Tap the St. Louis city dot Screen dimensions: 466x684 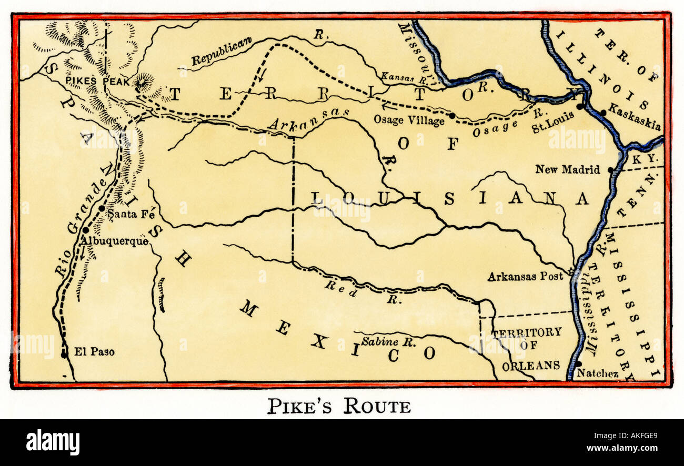(579, 106)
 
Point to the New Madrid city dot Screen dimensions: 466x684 (610, 170)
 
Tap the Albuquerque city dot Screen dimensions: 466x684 (85, 230)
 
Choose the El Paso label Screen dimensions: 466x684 (95, 352)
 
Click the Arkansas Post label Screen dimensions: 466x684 (525, 276)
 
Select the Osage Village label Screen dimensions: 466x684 (409, 120)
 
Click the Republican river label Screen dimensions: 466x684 (222, 52)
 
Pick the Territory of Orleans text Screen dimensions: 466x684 (527, 348)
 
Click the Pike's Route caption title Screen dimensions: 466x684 (339, 406)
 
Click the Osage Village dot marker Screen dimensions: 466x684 (451, 115)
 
